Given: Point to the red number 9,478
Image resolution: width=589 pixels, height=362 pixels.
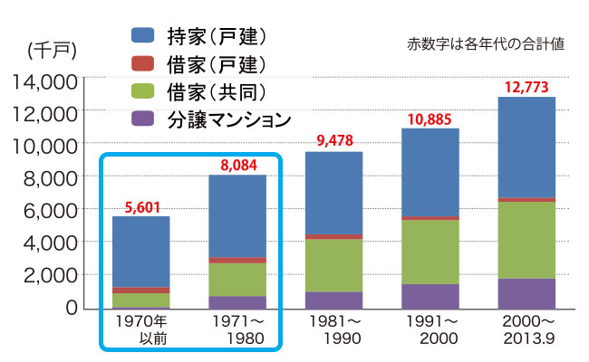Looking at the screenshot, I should [x=335, y=140].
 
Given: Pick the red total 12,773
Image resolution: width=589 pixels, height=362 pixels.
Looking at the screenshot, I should [x=526, y=87].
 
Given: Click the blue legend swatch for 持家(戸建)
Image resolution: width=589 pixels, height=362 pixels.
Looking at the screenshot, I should [x=146, y=36].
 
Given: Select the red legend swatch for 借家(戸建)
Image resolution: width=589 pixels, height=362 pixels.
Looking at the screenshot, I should [x=146, y=63].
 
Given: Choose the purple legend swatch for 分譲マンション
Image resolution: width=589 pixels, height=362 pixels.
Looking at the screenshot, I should [x=146, y=118].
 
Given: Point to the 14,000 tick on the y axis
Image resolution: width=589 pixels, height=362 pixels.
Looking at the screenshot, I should [x=45, y=80].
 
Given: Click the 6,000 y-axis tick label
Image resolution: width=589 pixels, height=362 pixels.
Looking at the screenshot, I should [x=51, y=210].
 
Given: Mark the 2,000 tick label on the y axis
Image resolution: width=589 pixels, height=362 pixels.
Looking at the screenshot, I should [x=51, y=275].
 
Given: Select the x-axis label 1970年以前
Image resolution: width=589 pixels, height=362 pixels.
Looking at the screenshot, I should [x=140, y=329].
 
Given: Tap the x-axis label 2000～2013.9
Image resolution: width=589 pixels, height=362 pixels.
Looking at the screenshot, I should [x=526, y=329].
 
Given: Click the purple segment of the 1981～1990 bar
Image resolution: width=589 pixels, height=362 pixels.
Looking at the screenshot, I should [x=335, y=300].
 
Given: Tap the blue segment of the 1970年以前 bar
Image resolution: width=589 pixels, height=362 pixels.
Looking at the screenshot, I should [x=140, y=252].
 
